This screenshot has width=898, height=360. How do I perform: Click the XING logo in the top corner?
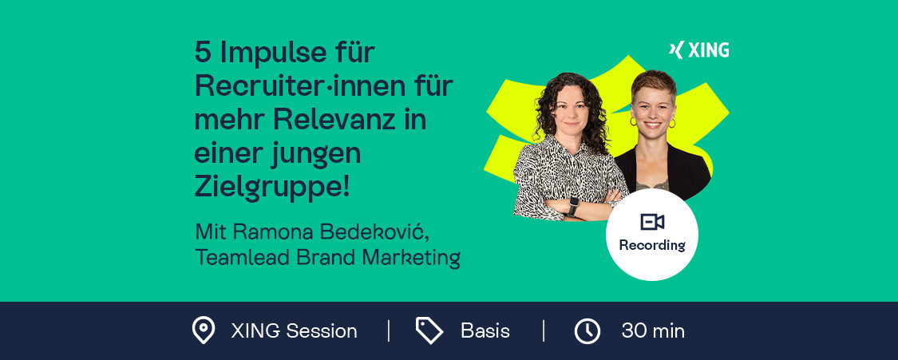pyautogui.click(x=698, y=50)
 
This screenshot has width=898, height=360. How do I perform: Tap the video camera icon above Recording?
pyautogui.click(x=651, y=221)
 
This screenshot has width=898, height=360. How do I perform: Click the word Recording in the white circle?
pyautogui.click(x=651, y=246)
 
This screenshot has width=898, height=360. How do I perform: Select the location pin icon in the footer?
pyautogui.click(x=204, y=330)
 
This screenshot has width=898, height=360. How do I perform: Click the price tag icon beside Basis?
pyautogui.click(x=429, y=330)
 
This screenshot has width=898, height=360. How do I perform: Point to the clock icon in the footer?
pyautogui.click(x=587, y=331)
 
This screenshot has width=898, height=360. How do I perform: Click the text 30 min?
pyautogui.click(x=653, y=331)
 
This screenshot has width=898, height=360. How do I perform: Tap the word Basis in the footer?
pyautogui.click(x=485, y=331)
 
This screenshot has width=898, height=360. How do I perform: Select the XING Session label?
pyautogui.click(x=294, y=331)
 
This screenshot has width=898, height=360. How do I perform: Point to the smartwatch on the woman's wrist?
pyautogui.click(x=572, y=205)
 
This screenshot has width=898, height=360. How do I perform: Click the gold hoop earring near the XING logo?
pyautogui.click(x=672, y=123)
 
